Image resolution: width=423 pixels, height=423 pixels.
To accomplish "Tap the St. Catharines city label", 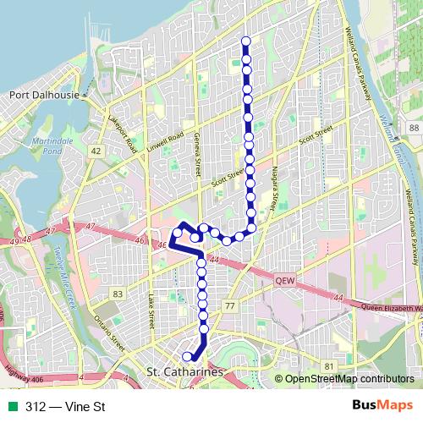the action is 184,372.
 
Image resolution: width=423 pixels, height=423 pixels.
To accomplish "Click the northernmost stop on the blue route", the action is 246,41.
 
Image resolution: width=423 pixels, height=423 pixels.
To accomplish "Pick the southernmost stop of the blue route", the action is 188,357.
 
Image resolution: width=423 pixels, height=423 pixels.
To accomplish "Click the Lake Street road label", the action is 151,310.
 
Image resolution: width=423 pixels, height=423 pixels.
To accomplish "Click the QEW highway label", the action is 283,277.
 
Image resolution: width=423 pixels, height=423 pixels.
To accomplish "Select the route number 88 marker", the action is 413,128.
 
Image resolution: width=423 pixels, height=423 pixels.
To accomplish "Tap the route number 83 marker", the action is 118,294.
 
